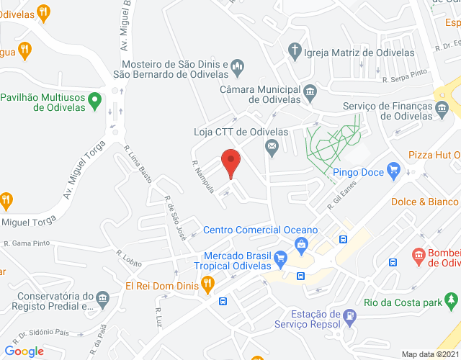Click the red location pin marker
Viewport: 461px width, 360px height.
click(x=230, y=161)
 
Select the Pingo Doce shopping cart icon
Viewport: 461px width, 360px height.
click(x=393, y=171)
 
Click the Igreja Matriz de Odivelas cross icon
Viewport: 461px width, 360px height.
click(x=294, y=51)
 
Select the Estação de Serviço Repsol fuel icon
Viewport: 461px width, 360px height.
click(x=349, y=315)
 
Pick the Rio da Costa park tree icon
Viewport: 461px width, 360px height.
click(x=451, y=299)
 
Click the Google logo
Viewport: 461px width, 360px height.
click(x=24, y=351)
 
